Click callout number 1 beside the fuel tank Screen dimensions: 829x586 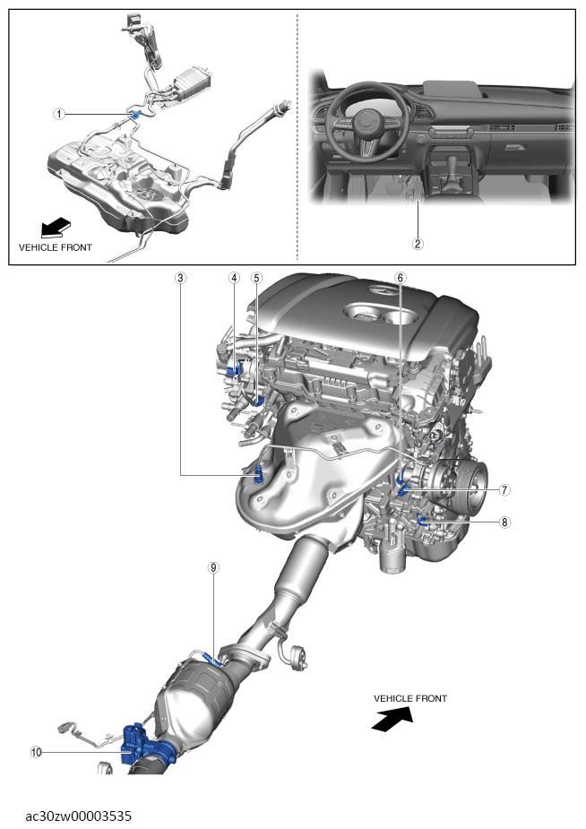tap(58, 114)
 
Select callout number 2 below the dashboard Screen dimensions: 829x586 tap(417, 243)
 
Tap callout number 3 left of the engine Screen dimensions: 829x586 tap(181, 278)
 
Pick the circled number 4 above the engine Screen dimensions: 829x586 tap(234, 278)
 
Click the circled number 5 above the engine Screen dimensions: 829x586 tap(256, 278)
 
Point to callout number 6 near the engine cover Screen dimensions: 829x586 tap(400, 278)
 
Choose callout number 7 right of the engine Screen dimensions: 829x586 tap(504, 490)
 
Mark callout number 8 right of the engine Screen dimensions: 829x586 tap(504, 522)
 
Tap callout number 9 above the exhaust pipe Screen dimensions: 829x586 tap(213, 567)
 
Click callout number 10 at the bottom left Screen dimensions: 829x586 tap(37, 753)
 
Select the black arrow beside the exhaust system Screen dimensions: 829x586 tap(391, 718)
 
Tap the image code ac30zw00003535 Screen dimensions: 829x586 tap(79, 816)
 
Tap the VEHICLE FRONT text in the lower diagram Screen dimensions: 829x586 tap(409, 698)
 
